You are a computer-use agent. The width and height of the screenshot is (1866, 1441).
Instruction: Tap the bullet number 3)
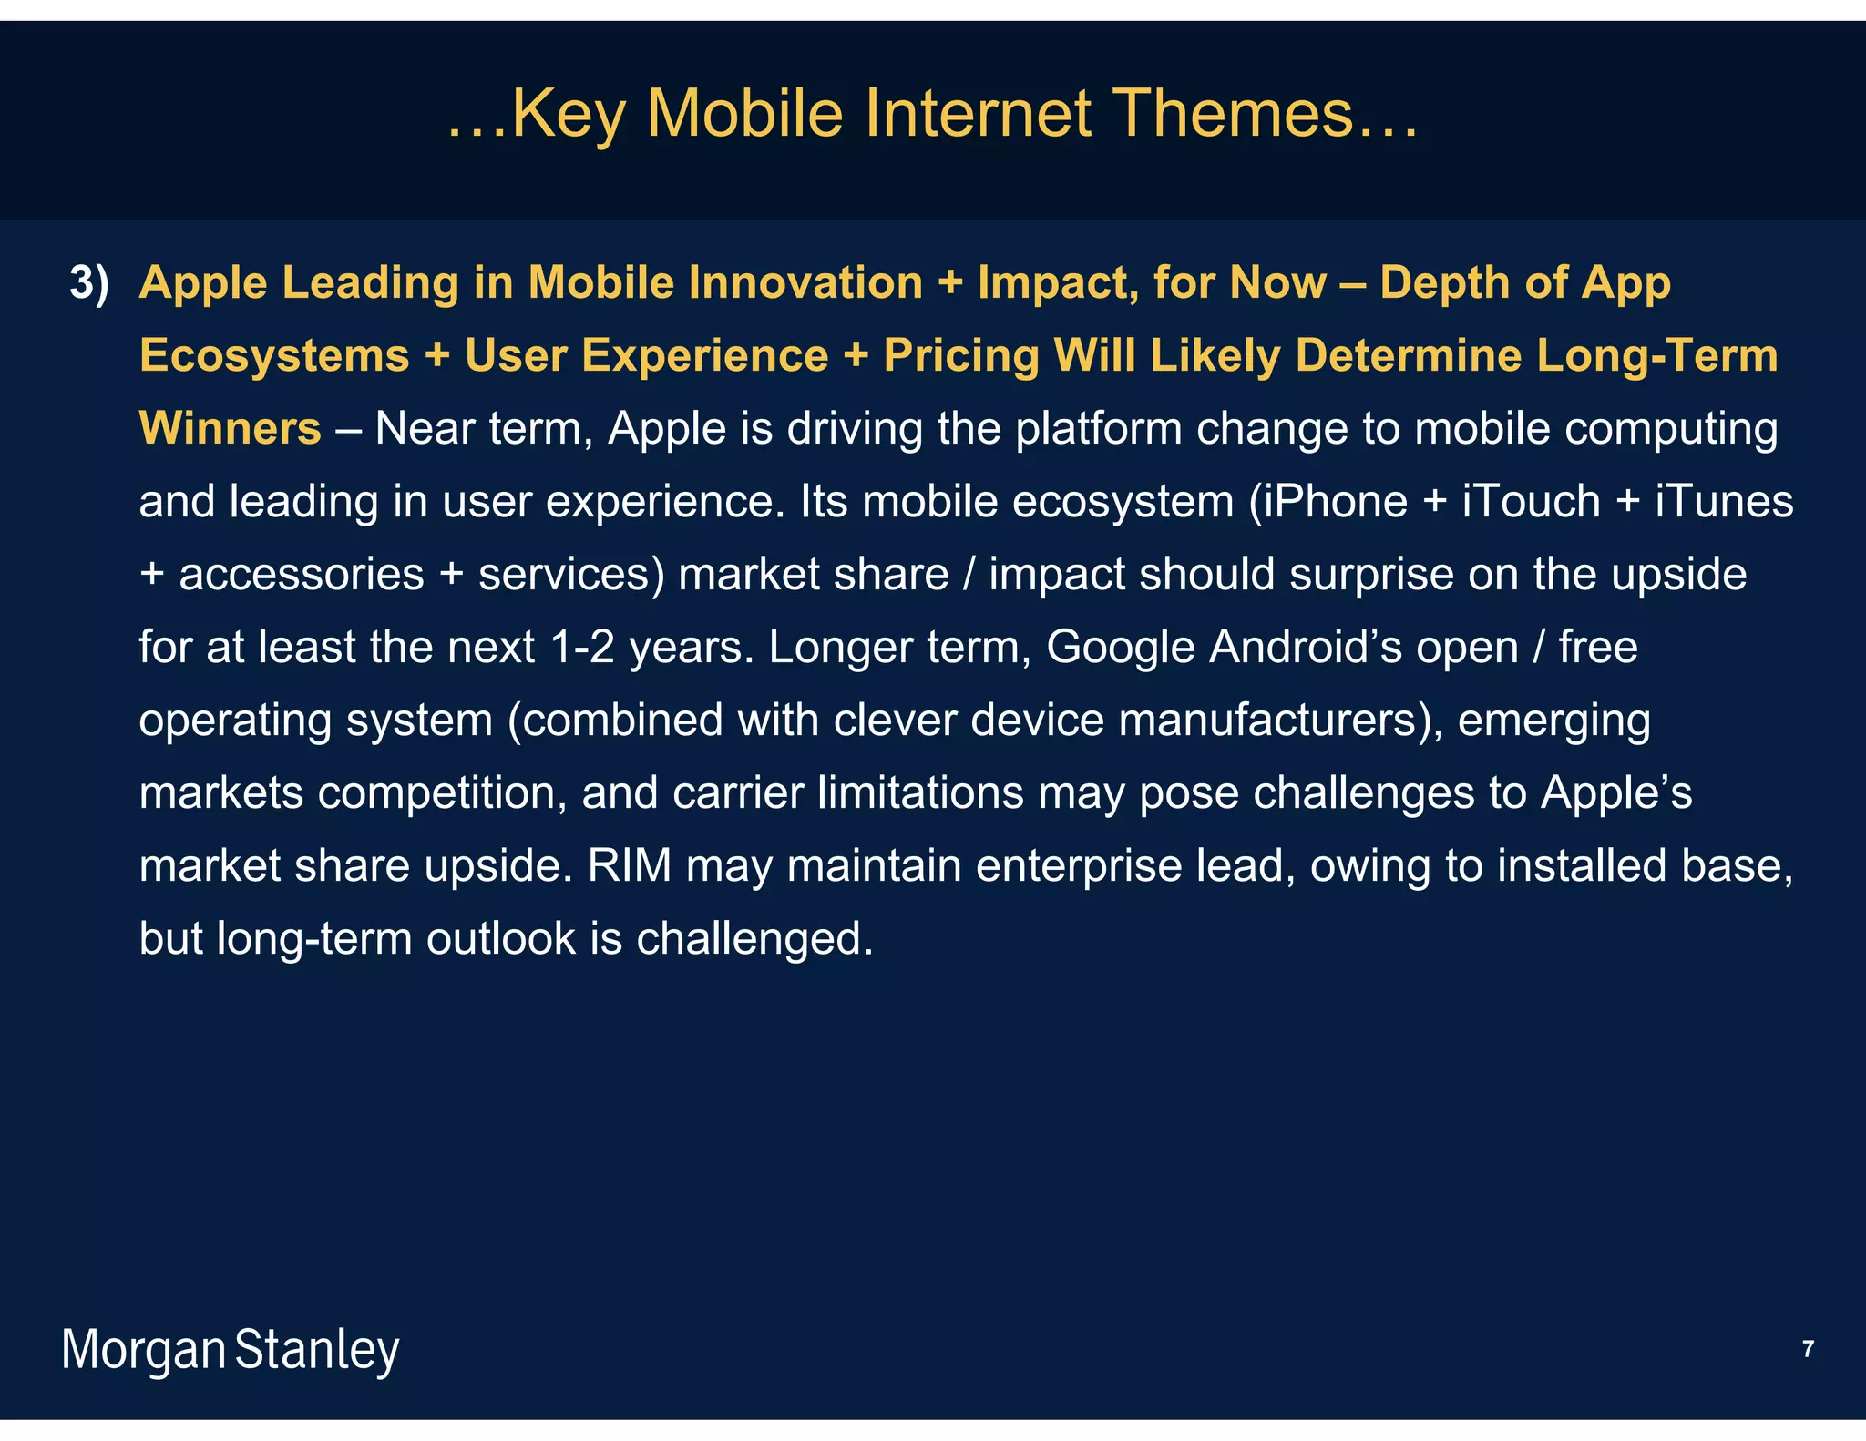click(89, 282)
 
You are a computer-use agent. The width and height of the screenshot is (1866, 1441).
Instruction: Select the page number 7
click(1808, 1349)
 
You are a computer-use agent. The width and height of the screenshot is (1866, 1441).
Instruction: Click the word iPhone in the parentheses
click(1336, 501)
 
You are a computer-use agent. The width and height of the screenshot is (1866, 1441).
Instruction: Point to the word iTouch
click(1531, 501)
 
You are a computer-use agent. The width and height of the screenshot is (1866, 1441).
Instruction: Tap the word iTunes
click(1723, 501)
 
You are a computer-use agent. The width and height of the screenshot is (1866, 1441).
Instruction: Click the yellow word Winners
click(230, 428)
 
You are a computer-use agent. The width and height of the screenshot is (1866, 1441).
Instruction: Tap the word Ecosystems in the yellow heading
click(274, 355)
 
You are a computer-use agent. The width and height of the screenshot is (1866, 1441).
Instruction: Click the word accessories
click(302, 574)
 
